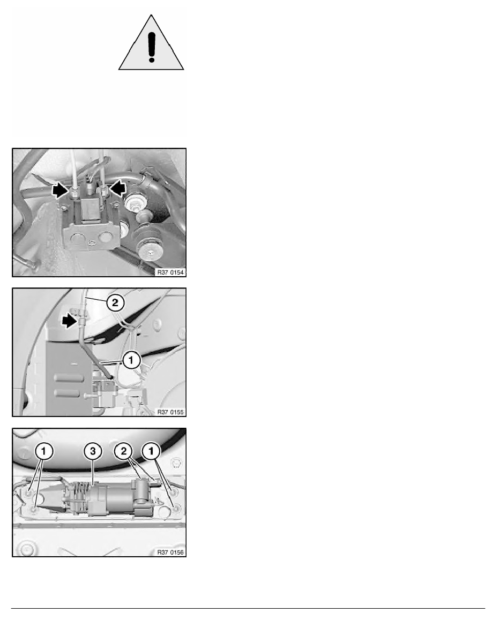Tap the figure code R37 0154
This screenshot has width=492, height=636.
(170, 272)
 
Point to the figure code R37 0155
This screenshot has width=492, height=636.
(170, 412)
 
